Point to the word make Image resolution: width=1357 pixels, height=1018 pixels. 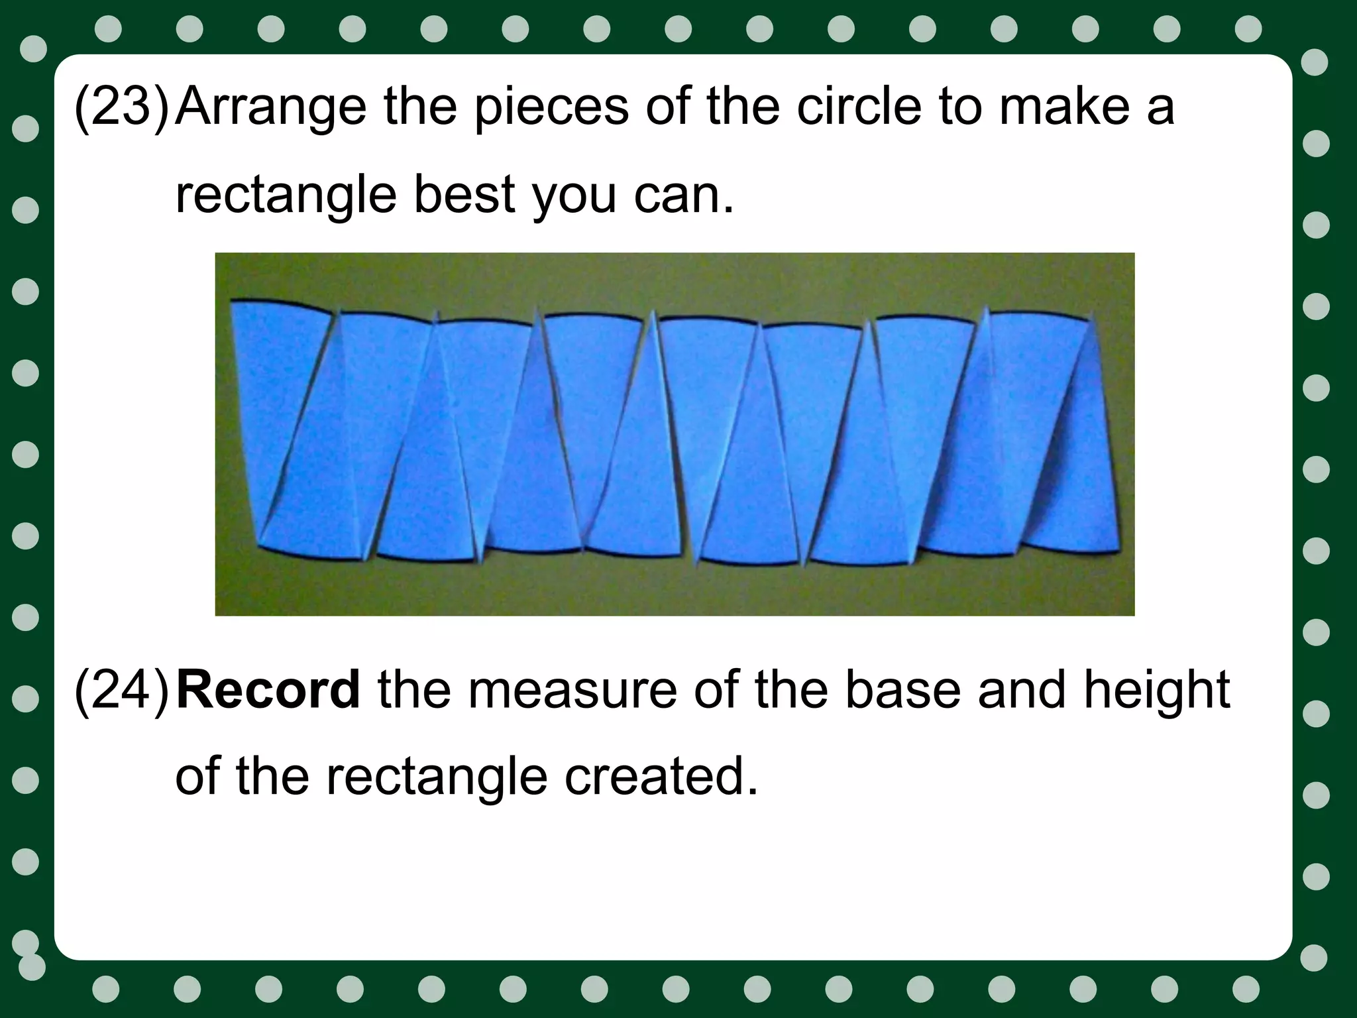point(1064,106)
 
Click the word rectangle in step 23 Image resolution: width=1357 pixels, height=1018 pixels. point(285,196)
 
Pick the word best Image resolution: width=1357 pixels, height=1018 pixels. point(464,195)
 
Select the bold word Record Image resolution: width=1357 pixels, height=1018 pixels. point(268,691)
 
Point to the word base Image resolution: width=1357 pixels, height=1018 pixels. point(902,691)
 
